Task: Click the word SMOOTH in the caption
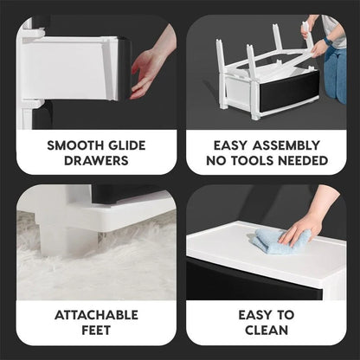[x=72, y=145]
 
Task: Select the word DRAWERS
[x=96, y=160]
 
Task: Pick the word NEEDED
[x=303, y=160]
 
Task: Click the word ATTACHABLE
[x=96, y=314]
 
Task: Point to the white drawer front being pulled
[x=74, y=69]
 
